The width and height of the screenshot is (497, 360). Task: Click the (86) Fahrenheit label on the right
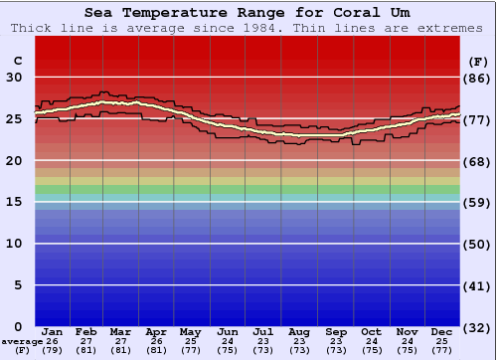[477, 78]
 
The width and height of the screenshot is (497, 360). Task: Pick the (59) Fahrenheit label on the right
[477, 202]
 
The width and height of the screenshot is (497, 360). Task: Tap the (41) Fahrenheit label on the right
[477, 285]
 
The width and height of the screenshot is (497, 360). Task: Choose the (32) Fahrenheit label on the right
[477, 326]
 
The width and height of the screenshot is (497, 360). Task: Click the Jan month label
[53, 331]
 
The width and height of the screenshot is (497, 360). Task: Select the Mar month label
[121, 331]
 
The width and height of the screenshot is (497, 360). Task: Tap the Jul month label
[263, 331]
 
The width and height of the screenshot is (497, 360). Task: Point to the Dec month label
[442, 331]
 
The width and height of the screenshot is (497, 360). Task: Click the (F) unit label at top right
[477, 61]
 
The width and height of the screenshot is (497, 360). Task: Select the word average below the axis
[21, 341]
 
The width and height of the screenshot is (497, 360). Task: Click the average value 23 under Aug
[299, 341]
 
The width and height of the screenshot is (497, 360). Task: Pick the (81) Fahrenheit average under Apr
[156, 350]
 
